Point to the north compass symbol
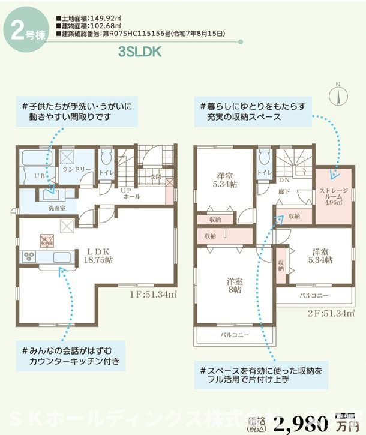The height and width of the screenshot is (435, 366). click(x=338, y=96)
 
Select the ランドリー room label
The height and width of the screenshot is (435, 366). click(x=77, y=170)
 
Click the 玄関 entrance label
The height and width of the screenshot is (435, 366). click(x=156, y=176)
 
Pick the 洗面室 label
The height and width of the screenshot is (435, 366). click(x=40, y=208)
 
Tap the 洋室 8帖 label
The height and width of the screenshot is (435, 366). click(x=233, y=284)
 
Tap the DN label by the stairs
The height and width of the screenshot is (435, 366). click(x=284, y=179)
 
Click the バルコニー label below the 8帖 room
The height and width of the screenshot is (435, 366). click(x=235, y=335)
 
